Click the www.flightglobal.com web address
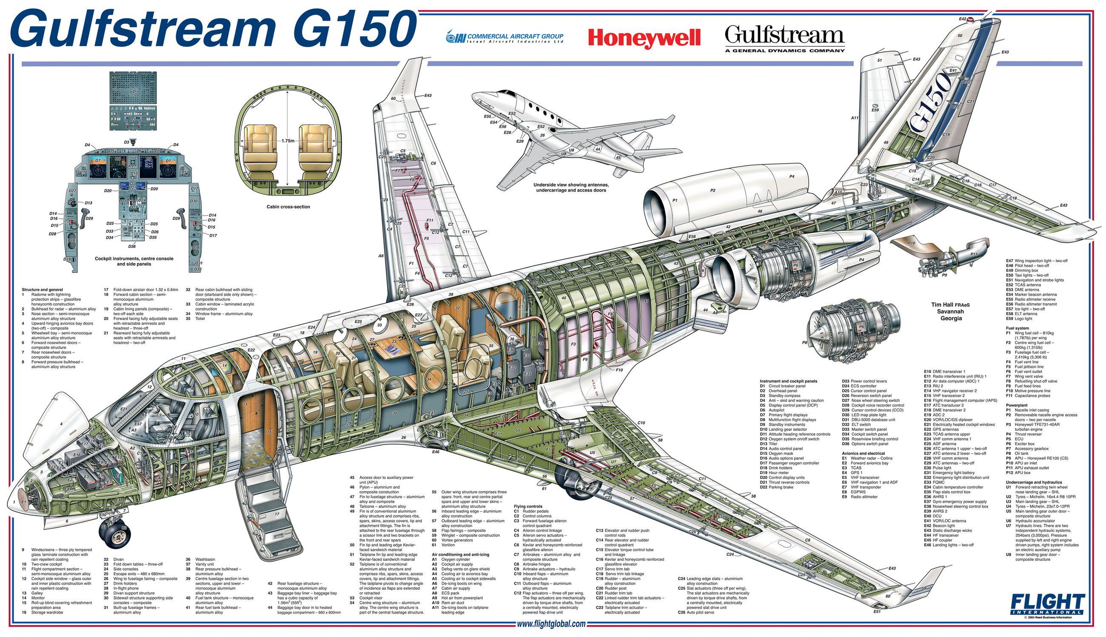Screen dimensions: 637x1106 click(550, 624)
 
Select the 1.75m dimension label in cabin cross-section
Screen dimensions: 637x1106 click(288, 141)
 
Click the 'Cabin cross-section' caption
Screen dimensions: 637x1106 click(288, 207)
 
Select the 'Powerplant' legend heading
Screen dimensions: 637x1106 click(1017, 405)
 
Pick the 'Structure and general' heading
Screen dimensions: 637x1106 click(43, 290)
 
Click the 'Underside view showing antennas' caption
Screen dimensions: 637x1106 click(571, 185)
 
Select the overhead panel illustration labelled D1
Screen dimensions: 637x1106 click(135, 100)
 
